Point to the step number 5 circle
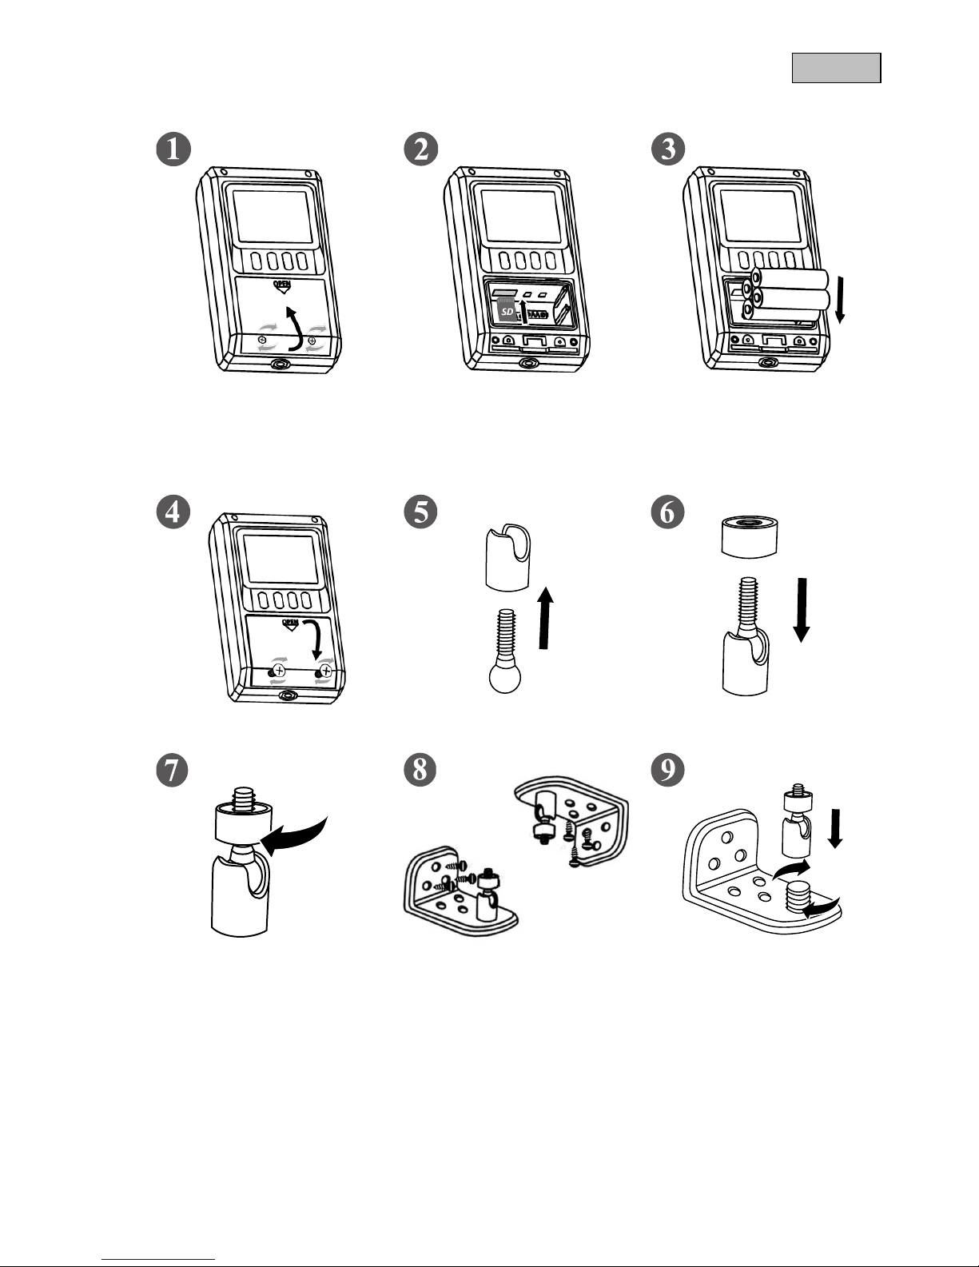(420, 512)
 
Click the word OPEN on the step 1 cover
(281, 285)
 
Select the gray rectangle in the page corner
(836, 68)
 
